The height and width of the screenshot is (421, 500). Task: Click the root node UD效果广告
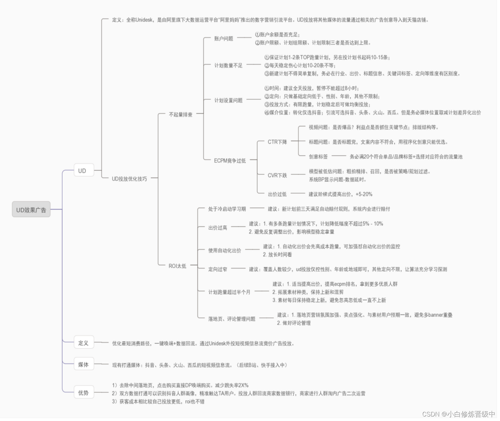coord(31,210)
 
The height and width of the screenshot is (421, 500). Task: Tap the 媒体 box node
coord(84,364)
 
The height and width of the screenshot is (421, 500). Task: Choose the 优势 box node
coord(84,393)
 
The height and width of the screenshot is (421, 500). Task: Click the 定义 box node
coord(84,343)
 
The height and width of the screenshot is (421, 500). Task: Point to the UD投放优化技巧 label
coord(129,179)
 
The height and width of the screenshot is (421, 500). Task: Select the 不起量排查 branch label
coord(180,114)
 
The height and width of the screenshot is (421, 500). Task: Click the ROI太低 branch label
coord(177,266)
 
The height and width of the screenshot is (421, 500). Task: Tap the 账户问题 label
coord(224,39)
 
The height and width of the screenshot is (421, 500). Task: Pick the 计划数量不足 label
coord(228,65)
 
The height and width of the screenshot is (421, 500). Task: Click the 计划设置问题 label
coord(228,101)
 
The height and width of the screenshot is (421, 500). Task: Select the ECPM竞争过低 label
coord(230,161)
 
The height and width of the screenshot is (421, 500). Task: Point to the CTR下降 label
coord(277,142)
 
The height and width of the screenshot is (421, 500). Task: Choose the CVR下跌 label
coord(277,175)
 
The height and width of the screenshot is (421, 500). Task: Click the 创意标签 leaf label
coord(318,157)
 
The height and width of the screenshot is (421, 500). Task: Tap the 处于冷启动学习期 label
coord(227,209)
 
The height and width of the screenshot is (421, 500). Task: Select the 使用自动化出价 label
coord(225,250)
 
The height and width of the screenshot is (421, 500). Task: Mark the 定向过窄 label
coord(218,269)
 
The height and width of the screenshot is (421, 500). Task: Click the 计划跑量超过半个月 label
coord(229,292)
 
